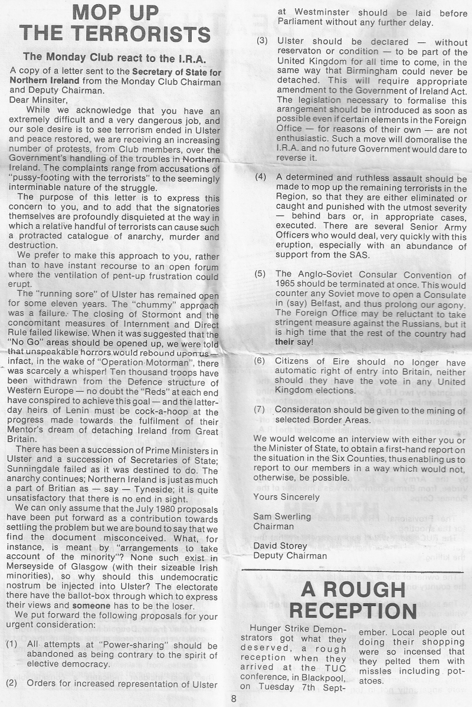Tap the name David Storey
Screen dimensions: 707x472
(x=281, y=545)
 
